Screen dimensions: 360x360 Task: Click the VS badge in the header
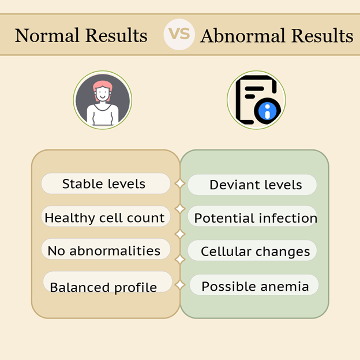coord(179,35)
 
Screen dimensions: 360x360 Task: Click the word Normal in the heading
coord(47,35)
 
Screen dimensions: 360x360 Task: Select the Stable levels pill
coord(106,183)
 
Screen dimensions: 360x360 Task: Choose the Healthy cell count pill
coord(106,216)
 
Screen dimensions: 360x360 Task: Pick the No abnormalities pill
coord(106,249)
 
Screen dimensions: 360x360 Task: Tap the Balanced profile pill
coord(108,282)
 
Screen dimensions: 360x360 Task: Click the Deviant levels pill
coord(252,185)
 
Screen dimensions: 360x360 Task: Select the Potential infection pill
coord(252,216)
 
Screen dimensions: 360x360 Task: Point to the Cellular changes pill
coord(252,250)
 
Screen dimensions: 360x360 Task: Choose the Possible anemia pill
coord(254,284)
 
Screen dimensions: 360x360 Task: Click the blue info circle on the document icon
coord(267,111)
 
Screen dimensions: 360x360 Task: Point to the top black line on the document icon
coord(254,89)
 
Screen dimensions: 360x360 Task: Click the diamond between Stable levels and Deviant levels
coord(180,183)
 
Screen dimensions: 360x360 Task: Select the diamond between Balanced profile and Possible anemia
coord(180,284)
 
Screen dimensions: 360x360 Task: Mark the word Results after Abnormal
coord(322,36)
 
